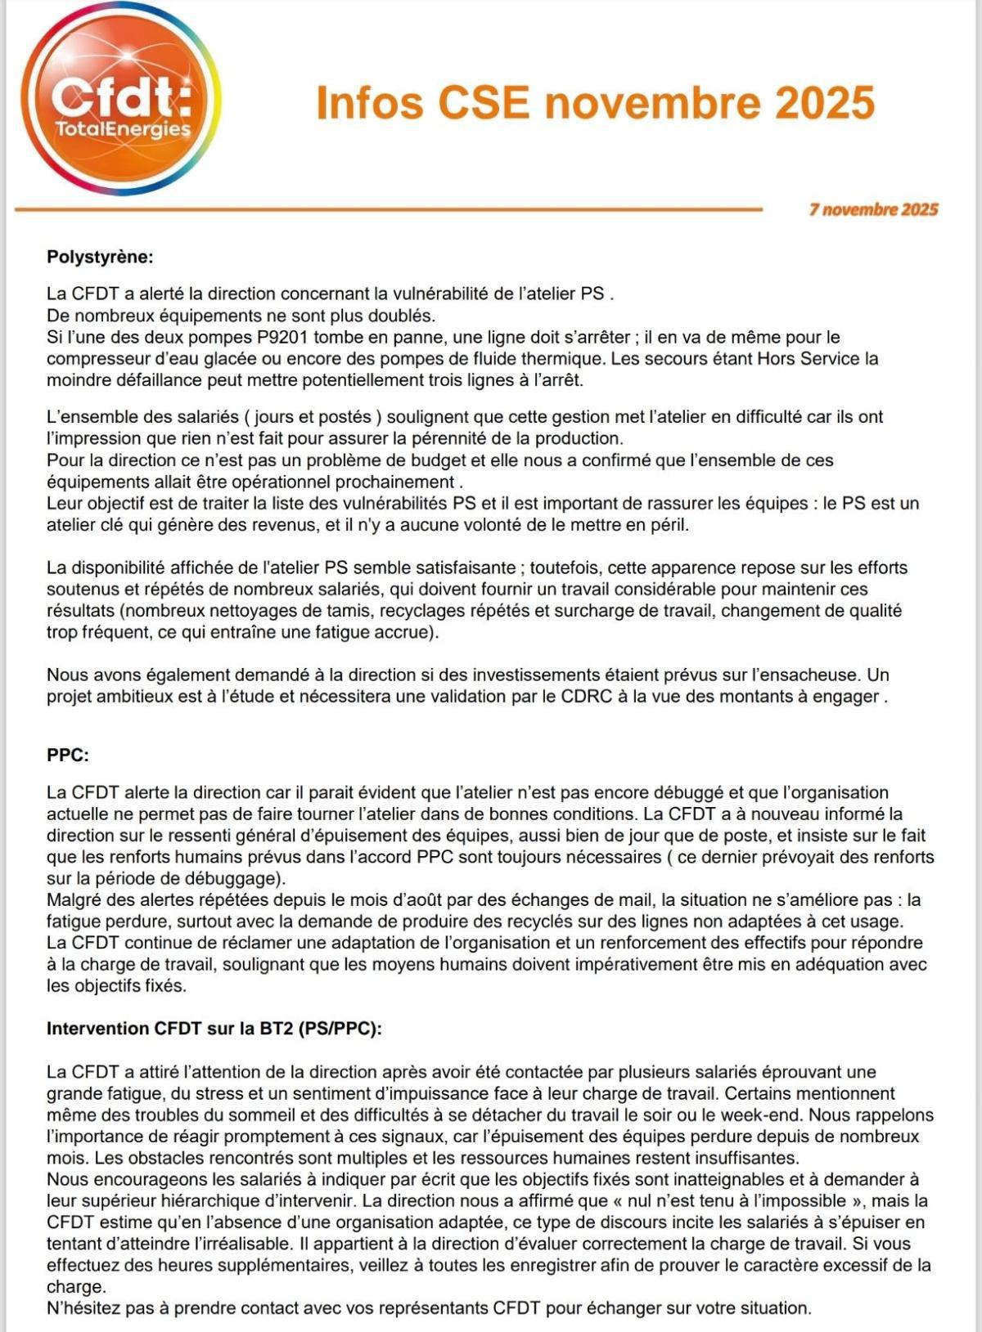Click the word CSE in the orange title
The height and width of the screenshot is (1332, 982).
[x=484, y=103]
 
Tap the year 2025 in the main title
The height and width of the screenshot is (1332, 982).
[x=824, y=103]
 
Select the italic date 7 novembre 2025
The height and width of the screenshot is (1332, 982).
[x=873, y=209]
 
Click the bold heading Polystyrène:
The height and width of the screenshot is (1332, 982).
[x=100, y=257]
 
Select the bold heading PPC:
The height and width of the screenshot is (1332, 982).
[x=68, y=755]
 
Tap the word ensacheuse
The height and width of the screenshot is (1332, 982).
[x=805, y=675]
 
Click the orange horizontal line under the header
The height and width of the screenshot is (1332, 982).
[x=388, y=209]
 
